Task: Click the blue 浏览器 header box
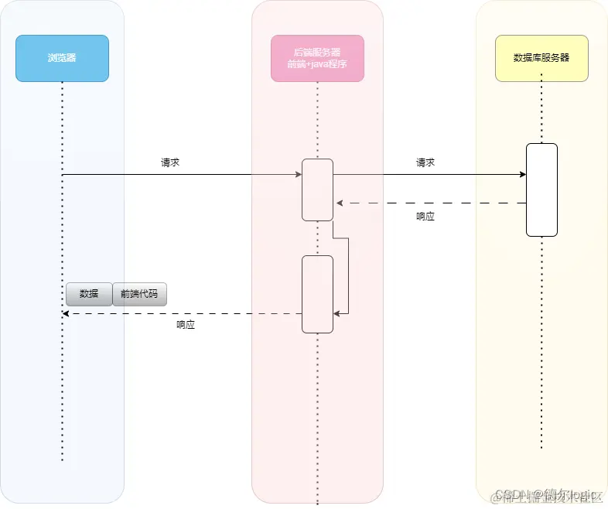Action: [x=62, y=58]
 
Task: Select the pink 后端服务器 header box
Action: [x=317, y=58]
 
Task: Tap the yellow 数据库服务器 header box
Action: [x=541, y=58]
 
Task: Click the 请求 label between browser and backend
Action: [x=170, y=163]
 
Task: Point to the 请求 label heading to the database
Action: [x=425, y=163]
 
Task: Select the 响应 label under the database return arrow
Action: [x=425, y=217]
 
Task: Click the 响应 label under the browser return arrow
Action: [x=186, y=326]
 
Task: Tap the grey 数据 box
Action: [x=89, y=295]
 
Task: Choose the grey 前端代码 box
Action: [x=139, y=295]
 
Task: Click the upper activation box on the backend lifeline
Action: [x=317, y=190]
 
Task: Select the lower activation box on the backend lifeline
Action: [x=317, y=294]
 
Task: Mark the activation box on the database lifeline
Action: [x=541, y=190]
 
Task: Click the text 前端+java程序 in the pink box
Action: [x=317, y=64]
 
